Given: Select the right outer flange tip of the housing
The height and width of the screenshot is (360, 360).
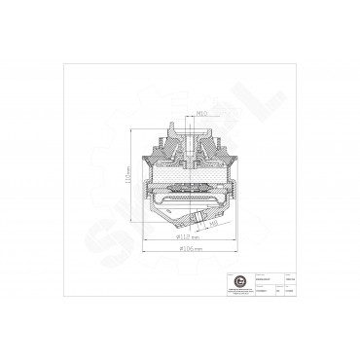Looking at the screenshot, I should click(239, 182).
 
